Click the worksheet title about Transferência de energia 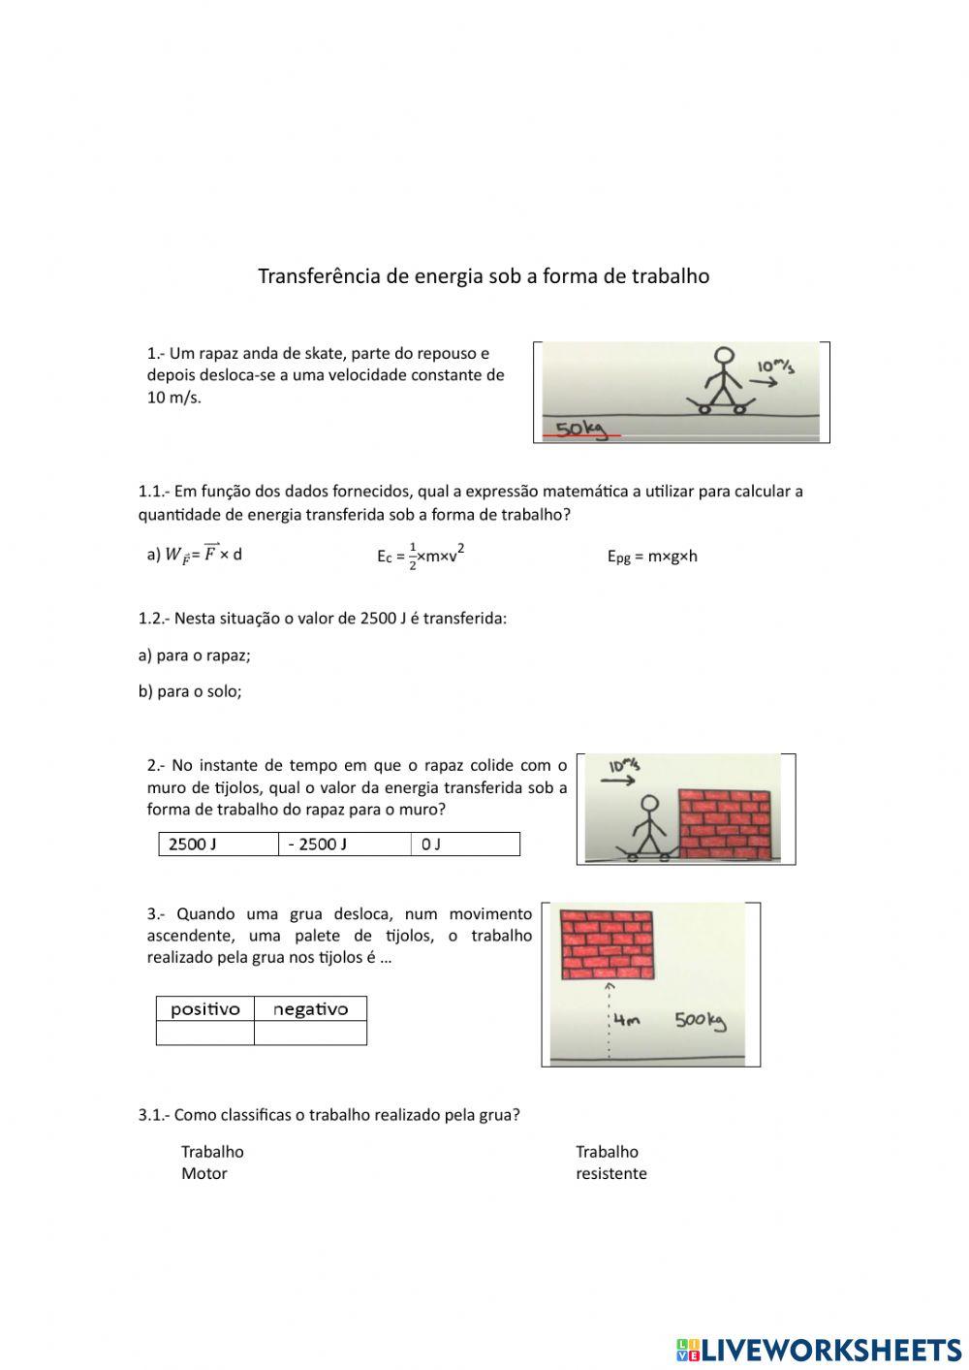[x=484, y=276]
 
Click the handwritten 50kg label [x=579, y=428]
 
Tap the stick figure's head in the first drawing [x=723, y=356]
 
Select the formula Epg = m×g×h [x=652, y=556]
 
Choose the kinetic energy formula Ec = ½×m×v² [x=421, y=556]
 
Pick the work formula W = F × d [x=195, y=555]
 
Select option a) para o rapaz [x=195, y=655]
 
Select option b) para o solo [x=190, y=691]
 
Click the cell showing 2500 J [x=218, y=844]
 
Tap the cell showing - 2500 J [x=344, y=844]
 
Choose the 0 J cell [x=465, y=844]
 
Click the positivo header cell [x=205, y=1009]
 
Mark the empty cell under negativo [x=310, y=1034]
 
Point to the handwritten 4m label [x=627, y=1020]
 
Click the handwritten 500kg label [x=701, y=1020]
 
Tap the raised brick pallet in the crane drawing [x=607, y=945]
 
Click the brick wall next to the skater [x=726, y=824]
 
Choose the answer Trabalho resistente [x=610, y=1163]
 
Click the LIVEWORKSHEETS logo [x=819, y=1349]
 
